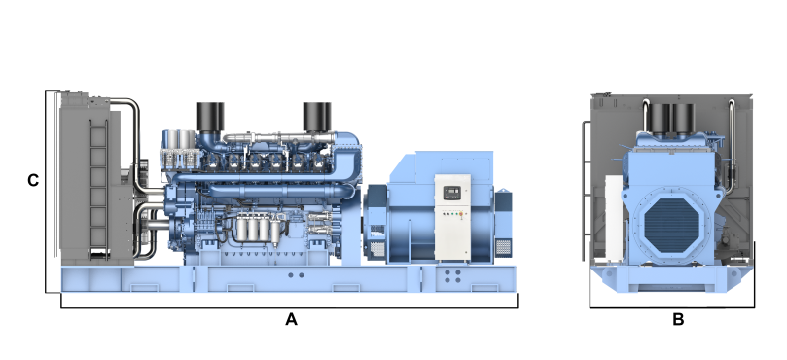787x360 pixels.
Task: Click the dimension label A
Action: tap(291, 319)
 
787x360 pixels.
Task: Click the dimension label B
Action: tap(678, 319)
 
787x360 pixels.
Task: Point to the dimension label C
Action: tap(33, 180)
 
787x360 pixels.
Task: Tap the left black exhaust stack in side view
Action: tap(210, 118)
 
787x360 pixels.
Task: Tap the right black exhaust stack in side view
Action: tap(317, 117)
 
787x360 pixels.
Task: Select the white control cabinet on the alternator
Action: tap(452, 217)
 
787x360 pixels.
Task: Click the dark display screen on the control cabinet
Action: tap(452, 192)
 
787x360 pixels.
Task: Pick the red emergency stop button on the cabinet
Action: tap(461, 214)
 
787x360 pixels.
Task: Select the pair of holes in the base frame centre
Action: tap(296, 275)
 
